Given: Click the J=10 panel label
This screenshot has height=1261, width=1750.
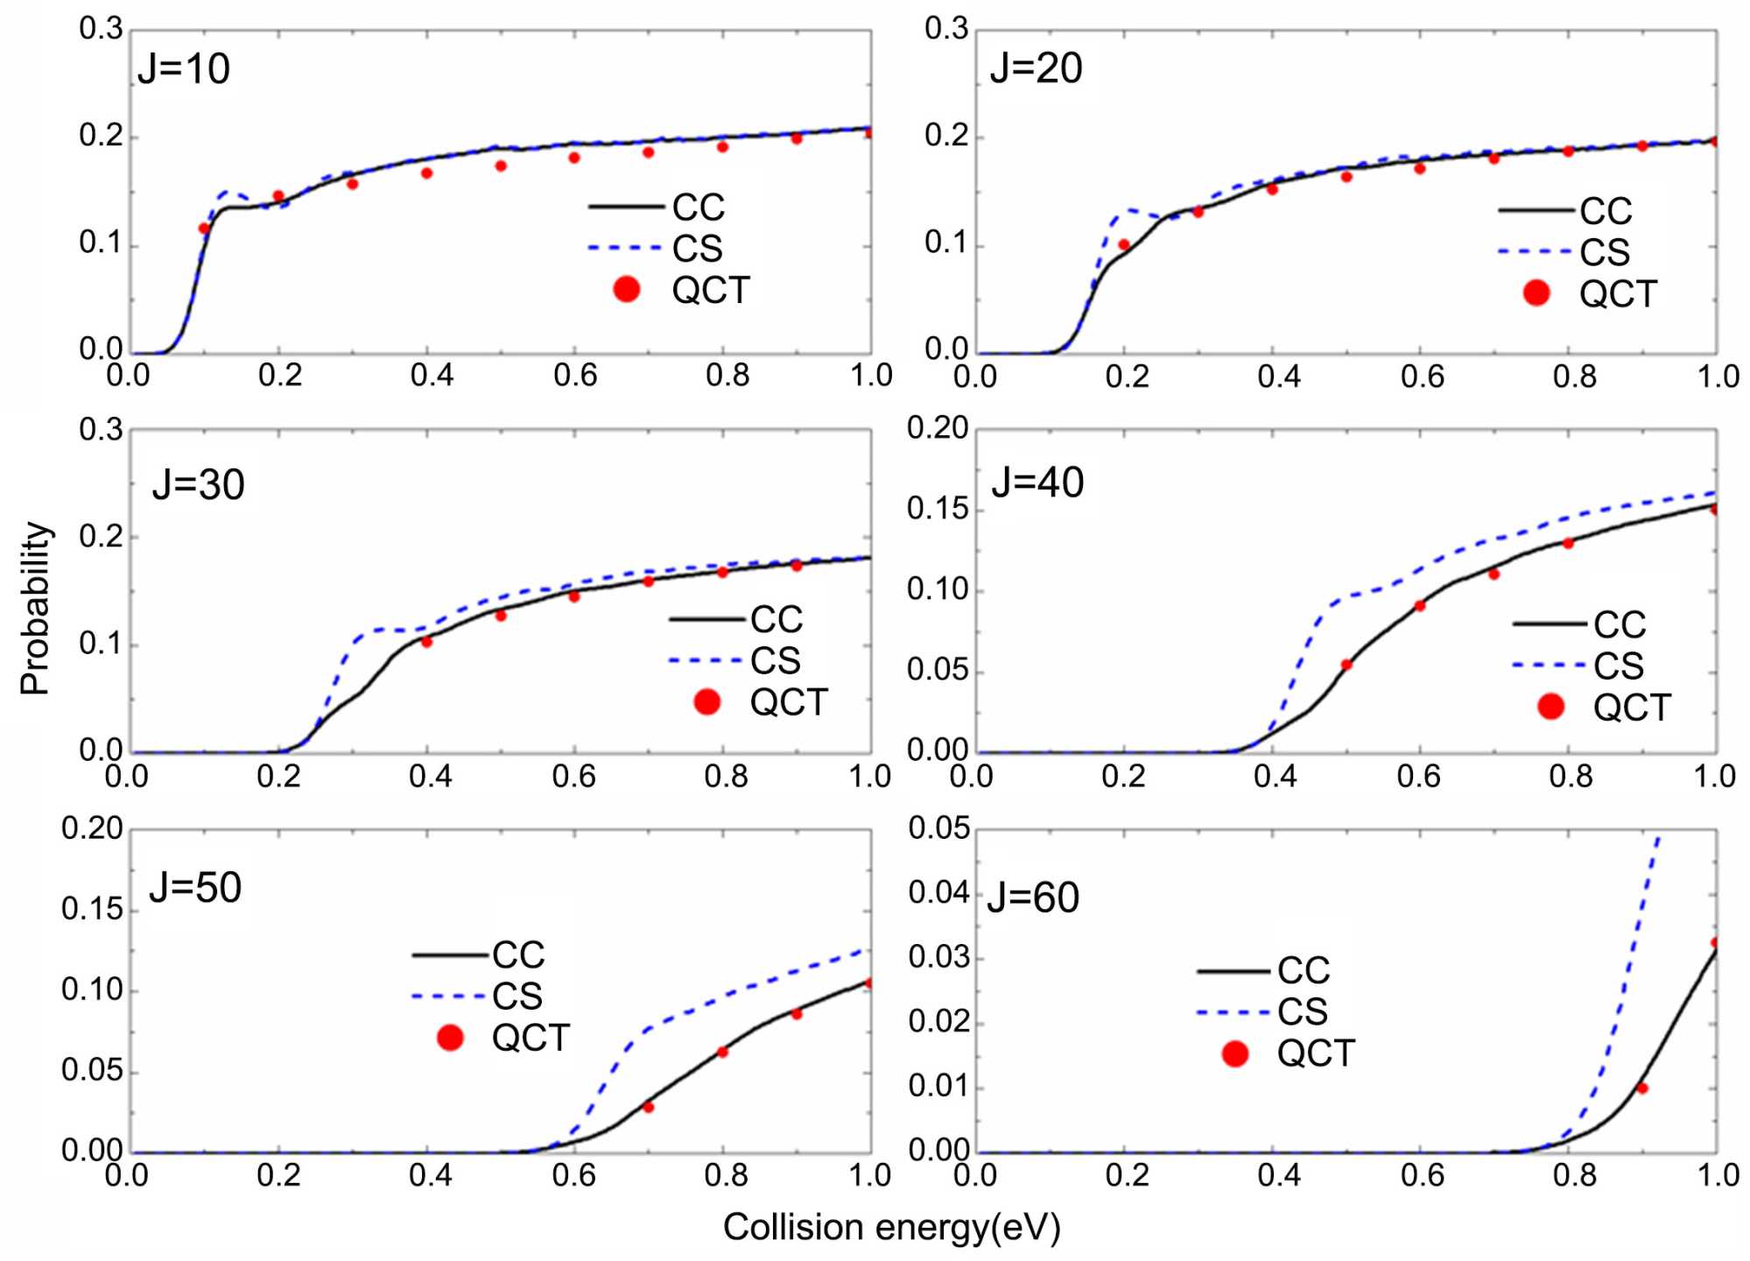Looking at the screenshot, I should click(184, 69).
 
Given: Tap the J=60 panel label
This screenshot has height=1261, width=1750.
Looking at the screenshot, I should click(1033, 898).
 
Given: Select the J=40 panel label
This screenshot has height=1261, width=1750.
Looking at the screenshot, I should click(1037, 483).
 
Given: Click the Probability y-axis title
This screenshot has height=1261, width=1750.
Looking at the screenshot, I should click(35, 609).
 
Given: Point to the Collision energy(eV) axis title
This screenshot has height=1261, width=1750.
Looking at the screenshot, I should click(891, 1228).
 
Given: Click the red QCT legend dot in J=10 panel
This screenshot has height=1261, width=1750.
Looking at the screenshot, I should click(627, 290).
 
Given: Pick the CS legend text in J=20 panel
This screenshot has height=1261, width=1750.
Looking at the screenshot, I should click(1605, 253).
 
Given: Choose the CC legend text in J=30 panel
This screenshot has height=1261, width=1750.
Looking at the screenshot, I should click(777, 620).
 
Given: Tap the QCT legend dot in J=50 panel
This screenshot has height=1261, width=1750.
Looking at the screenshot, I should click(450, 1038).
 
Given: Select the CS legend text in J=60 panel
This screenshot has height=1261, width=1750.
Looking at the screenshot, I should click(1303, 1012).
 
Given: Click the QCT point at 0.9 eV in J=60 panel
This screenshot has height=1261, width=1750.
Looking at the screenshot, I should click(1642, 1088).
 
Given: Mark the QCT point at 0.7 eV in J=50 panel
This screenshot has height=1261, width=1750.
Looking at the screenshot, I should click(649, 1107).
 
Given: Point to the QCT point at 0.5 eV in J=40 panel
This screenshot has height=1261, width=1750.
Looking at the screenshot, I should click(1346, 665).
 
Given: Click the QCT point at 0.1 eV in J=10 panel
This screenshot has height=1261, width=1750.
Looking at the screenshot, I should click(204, 229).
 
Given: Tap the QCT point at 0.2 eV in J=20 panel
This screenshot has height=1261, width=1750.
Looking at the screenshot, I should click(1124, 245).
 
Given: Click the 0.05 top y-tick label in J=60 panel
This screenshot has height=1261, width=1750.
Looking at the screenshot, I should click(939, 828).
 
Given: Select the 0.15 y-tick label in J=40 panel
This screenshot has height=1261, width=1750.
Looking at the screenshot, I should click(938, 509).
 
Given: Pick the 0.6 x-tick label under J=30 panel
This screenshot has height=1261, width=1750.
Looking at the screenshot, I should click(574, 777).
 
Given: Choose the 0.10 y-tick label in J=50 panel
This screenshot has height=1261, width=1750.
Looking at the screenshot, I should click(92, 990).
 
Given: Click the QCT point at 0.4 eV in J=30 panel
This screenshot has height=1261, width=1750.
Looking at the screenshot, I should click(426, 642).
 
